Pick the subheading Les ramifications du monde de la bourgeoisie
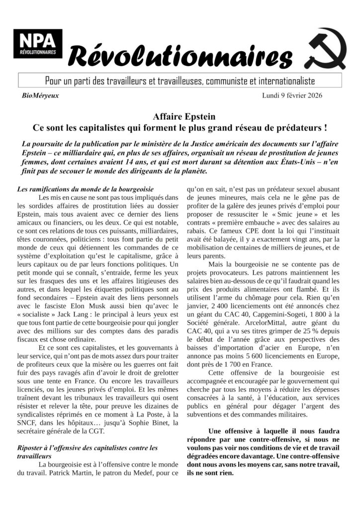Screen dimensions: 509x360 point(85,189)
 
